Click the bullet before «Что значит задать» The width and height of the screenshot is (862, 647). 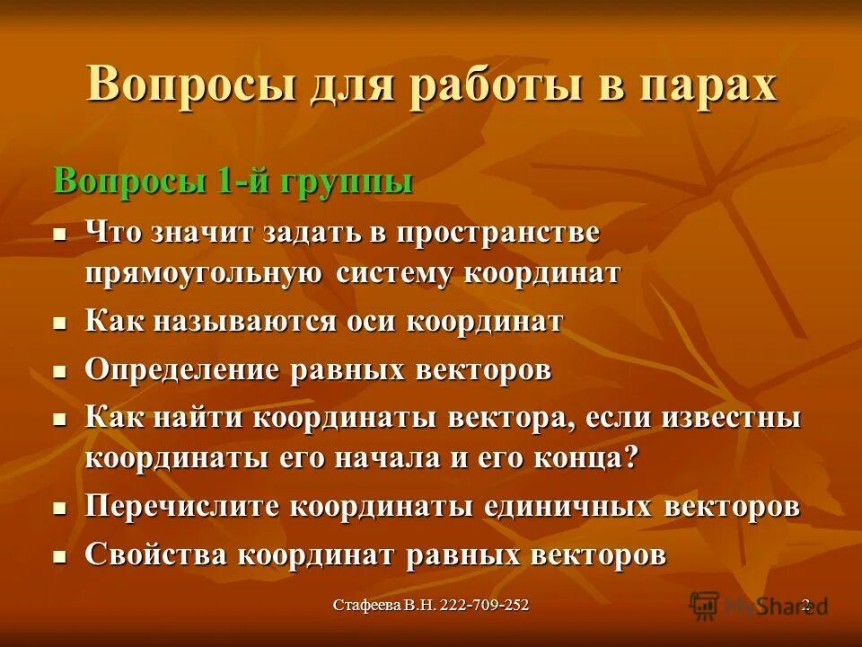[60, 232]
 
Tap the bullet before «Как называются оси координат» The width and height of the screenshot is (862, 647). [60, 321]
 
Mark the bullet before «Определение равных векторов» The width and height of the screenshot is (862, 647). [60, 370]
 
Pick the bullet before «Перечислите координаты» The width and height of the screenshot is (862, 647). [60, 507]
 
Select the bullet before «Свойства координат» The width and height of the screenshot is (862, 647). [60, 555]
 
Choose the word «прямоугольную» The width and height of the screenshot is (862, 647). [204, 272]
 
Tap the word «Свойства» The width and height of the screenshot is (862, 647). [156, 554]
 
